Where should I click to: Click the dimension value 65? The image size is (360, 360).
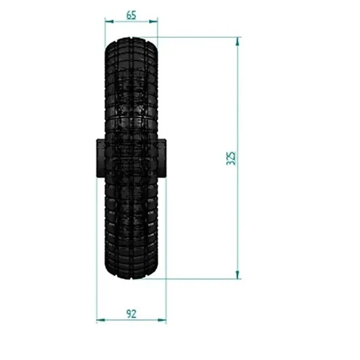[131, 15]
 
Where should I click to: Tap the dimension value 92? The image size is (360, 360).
[131, 314]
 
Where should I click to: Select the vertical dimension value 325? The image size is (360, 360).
[231, 158]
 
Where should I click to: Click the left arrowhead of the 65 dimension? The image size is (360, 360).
[109, 22]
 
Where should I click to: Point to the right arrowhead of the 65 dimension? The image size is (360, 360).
[154, 22]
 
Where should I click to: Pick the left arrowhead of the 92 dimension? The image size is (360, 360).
[101, 320]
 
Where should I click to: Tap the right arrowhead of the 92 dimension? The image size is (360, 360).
[162, 320]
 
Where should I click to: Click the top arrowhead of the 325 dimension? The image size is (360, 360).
[238, 41]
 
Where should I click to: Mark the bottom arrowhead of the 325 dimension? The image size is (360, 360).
[238, 275]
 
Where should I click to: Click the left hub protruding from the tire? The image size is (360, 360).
[101, 158]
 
